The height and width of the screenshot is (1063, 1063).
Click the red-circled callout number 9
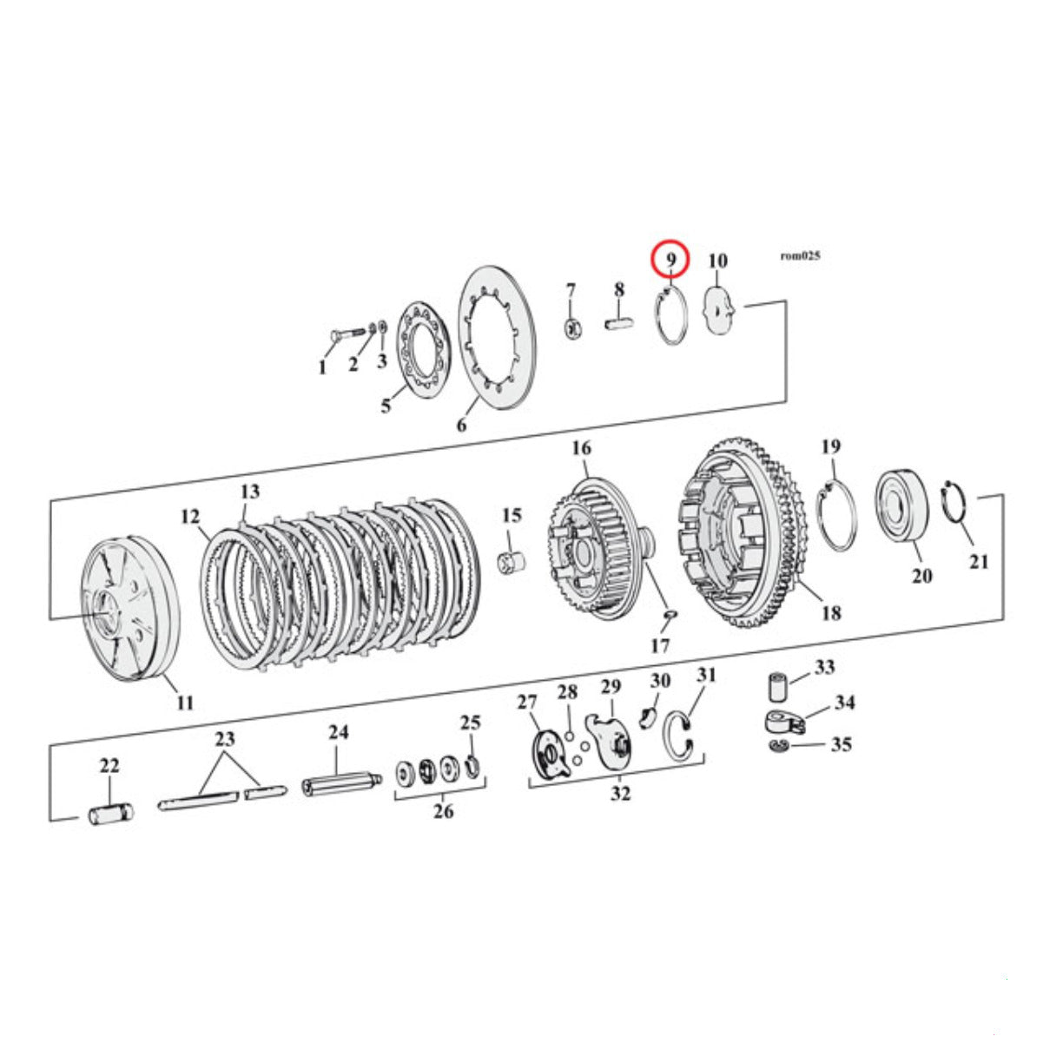click(670, 260)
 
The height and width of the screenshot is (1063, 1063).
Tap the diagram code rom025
click(800, 255)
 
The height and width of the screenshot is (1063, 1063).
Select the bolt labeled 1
click(347, 333)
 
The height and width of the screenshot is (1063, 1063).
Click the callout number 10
click(717, 261)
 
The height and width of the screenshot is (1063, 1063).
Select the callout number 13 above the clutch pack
click(250, 491)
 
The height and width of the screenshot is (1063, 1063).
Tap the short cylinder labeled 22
click(111, 813)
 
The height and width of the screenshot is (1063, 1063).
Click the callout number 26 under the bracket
click(443, 811)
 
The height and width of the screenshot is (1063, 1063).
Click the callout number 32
click(620, 793)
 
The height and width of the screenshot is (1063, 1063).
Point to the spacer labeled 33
click(778, 686)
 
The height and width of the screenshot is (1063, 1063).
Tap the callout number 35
click(842, 744)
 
